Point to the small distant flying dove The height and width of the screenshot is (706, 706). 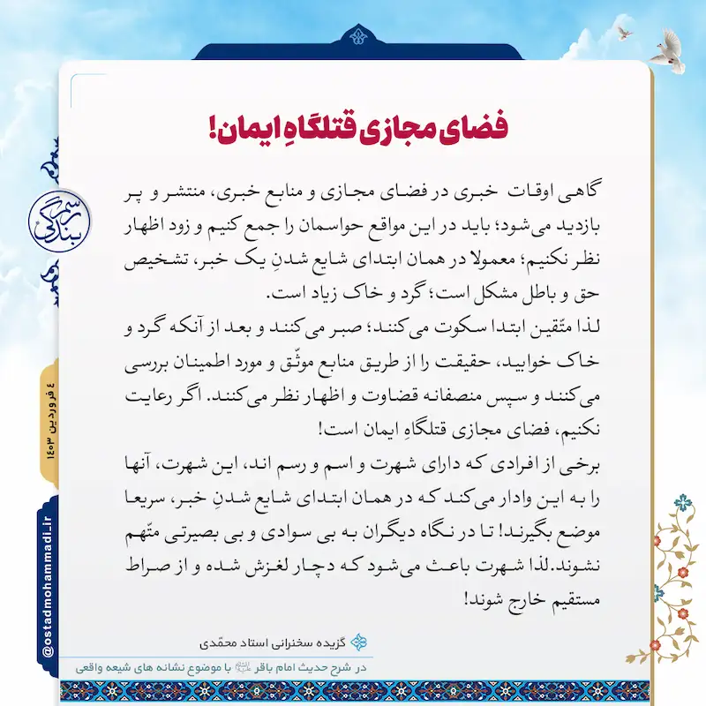click(625, 32)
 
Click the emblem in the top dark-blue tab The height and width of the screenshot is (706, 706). click(357, 35)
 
